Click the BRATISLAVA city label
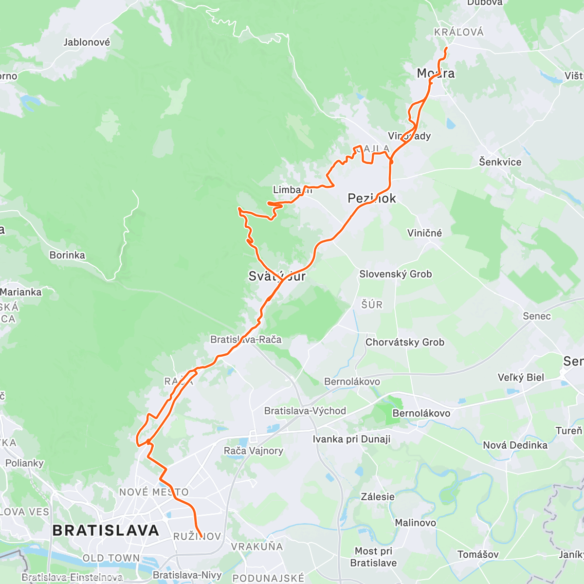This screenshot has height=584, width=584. tap(106, 530)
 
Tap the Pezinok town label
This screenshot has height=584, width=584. tap(372, 198)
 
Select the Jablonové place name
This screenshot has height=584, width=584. tap(87, 42)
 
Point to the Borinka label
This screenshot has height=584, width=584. tap(67, 255)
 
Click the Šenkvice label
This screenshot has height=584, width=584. tap(500, 162)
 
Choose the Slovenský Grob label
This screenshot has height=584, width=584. tap(395, 274)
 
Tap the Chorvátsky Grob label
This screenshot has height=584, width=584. tap(405, 342)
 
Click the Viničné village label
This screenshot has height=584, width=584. tap(424, 233)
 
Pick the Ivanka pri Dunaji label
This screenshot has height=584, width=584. tap(351, 439)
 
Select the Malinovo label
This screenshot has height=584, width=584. tap(415, 523)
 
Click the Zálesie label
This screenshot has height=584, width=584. tap(378, 497)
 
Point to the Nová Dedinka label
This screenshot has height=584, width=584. tap(515, 445)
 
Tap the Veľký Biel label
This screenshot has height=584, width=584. tap(521, 377)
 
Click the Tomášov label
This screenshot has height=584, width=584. tap(478, 554)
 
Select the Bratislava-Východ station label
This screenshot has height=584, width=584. tap(305, 411)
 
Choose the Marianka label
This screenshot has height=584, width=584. tap(21, 292)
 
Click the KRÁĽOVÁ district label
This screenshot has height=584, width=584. tap(459, 32)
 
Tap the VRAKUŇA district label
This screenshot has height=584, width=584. tap(256, 547)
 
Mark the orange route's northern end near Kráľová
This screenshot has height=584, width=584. tap(447, 47)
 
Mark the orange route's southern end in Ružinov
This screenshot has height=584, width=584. tap(201, 537)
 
